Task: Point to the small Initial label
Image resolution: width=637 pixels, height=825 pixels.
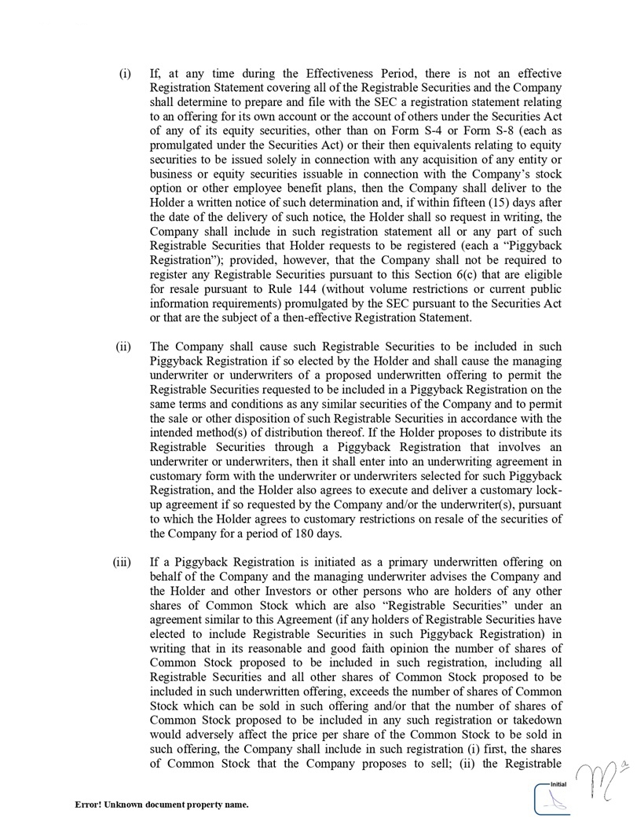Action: (558, 784)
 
